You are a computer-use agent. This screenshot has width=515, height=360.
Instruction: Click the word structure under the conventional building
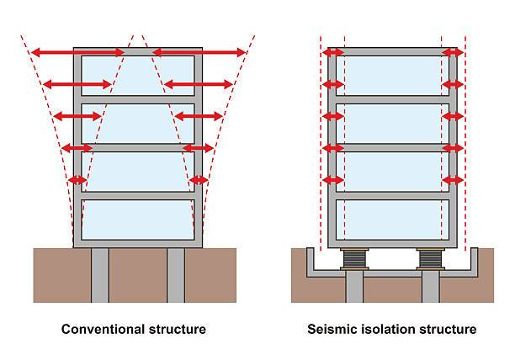pyautogui.click(x=175, y=328)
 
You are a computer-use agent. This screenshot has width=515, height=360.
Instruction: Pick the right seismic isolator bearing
pyautogui.click(x=430, y=257)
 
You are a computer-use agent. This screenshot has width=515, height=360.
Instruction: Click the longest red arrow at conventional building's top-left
pyautogui.click(x=77, y=53)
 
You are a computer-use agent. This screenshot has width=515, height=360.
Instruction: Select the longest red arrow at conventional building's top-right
pyautogui.click(x=199, y=53)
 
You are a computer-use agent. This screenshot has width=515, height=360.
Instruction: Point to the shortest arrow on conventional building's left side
pyautogui.click(x=77, y=179)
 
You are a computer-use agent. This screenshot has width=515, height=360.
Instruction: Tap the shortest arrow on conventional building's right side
pyautogui.click(x=199, y=179)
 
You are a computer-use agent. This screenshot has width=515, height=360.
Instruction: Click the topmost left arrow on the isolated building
pyautogui.click(x=333, y=53)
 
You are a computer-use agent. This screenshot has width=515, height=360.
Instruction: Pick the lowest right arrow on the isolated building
pyautogui.click(x=453, y=179)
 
